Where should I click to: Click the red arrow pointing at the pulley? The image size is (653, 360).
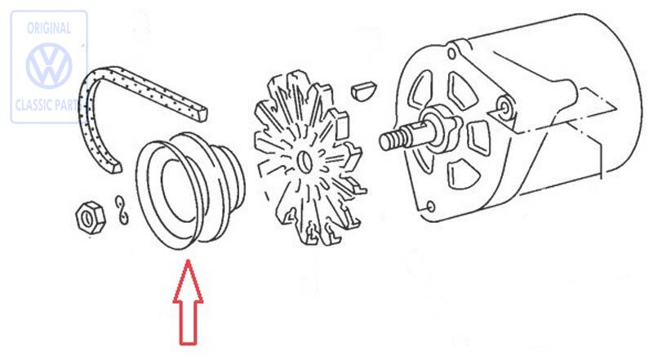pos(189,303)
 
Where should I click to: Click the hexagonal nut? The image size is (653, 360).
pos(90,217)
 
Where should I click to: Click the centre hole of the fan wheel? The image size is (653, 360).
pos(305,161)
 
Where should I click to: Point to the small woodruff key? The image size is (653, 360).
pos(363,91)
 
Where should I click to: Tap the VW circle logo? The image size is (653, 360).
pos(49,65)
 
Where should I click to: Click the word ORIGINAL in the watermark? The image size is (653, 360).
pos(49,29)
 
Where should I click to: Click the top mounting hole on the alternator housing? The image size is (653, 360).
pos(451,54)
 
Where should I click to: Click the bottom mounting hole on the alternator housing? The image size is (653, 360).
pos(431,207)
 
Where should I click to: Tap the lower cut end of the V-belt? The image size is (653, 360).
pos(115,168)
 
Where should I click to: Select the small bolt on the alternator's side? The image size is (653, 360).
pos(504,107)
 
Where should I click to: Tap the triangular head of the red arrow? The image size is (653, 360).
pos(189,282)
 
